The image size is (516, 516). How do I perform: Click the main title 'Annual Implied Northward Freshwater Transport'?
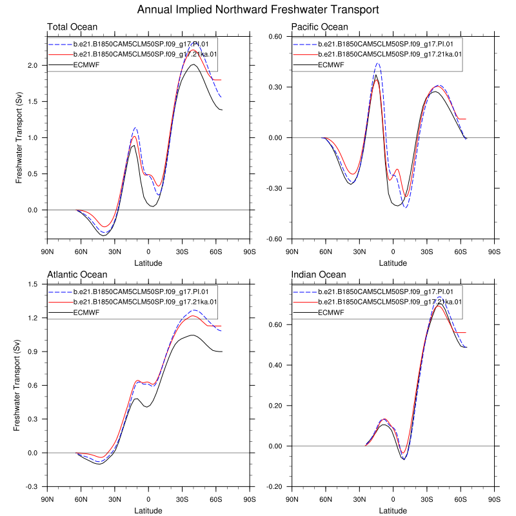tap(258, 10)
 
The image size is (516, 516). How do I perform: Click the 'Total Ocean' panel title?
tap(72, 27)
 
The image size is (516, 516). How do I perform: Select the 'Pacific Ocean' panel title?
tap(319, 27)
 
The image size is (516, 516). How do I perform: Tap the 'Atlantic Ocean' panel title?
tap(77, 275)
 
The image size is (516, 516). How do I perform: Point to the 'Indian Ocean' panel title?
tap(319, 275)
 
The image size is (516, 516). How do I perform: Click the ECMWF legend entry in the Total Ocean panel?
tap(86, 64)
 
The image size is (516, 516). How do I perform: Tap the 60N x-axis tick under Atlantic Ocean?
tap(81, 500)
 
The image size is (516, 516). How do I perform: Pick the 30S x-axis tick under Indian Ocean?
tap(426, 500)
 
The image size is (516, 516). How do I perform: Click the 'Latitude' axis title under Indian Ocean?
tap(393, 511)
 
